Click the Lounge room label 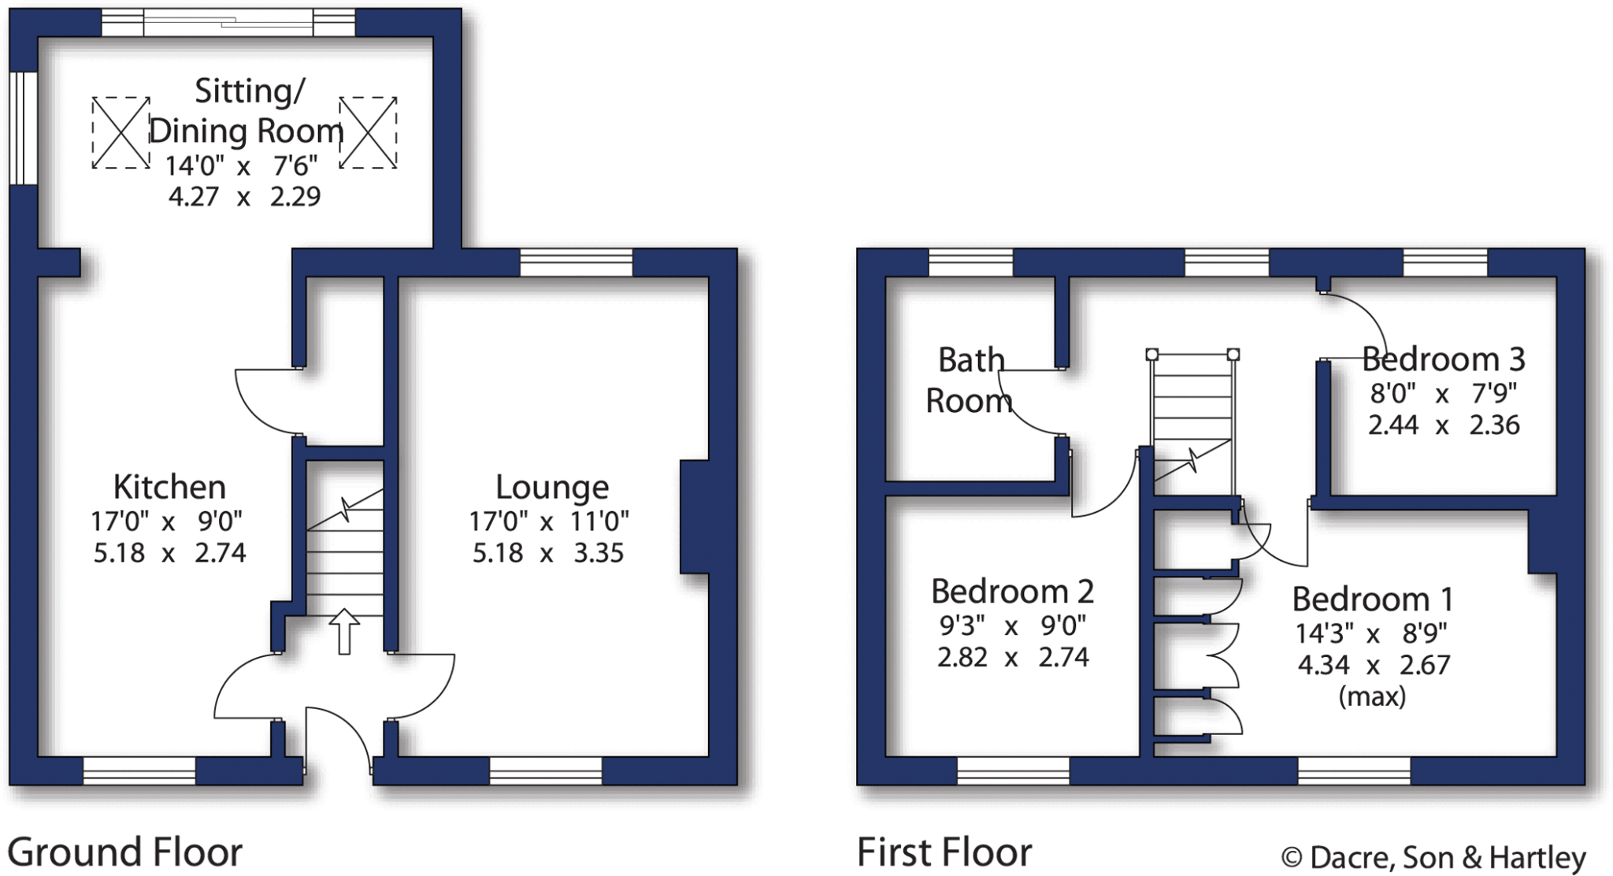(551, 487)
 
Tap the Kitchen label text (169, 487)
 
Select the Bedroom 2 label (1012, 591)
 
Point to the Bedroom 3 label (1443, 359)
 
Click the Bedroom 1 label (1372, 599)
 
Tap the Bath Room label (970, 380)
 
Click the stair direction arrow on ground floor (344, 630)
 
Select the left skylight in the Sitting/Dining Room (121, 132)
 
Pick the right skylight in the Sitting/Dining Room (368, 132)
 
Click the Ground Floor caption (124, 852)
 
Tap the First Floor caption (944, 852)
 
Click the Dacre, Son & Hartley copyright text (1433, 857)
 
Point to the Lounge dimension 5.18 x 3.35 (548, 553)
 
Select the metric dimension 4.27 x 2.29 (244, 196)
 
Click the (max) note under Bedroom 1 (1372, 696)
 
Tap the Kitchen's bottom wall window (139, 770)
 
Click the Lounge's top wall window (576, 262)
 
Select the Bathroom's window (970, 262)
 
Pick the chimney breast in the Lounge (694, 516)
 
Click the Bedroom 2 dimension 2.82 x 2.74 (1012, 657)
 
